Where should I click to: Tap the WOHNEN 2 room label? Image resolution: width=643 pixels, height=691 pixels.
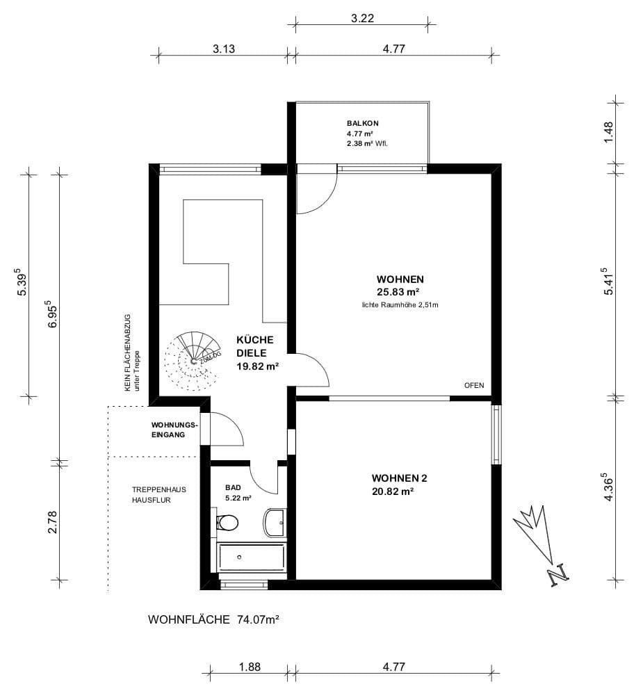(x=399, y=478)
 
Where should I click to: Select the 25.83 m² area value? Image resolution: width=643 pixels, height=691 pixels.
(x=398, y=292)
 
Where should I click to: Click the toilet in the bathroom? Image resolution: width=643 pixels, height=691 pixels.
(x=227, y=523)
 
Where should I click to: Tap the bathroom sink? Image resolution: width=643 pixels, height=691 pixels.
(x=275, y=521)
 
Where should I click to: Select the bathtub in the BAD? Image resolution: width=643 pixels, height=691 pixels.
(x=252, y=558)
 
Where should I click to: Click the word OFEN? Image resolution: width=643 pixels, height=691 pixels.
(x=474, y=386)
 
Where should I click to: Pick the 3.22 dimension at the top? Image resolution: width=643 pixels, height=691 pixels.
(x=362, y=19)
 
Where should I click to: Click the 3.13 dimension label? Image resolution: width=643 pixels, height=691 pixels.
(x=224, y=49)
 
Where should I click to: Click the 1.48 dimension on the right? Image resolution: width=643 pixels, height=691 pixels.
(x=609, y=132)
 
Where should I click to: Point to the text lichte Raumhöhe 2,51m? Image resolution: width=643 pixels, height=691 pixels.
(x=399, y=304)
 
